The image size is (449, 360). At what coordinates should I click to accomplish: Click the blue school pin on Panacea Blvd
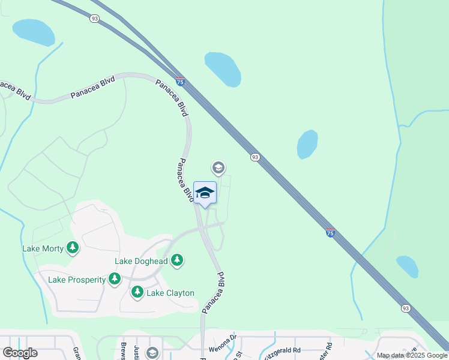pos(205,193)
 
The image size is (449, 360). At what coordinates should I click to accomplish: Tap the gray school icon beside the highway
pos(218,167)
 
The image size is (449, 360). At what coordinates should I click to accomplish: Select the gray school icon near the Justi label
pos(152,352)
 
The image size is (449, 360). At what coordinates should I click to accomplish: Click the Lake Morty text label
pos(43,248)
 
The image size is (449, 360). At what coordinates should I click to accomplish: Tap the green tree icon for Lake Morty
pos(73,248)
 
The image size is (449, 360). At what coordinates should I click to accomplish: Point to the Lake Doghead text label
pos(141,261)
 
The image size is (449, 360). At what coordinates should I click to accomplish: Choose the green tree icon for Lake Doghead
pos(176,260)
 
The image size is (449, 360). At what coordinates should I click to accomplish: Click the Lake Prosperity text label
pos(76,280)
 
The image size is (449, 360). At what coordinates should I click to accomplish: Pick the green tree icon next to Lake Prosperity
pos(115,279)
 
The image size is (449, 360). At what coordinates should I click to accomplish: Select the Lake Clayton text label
pos(170,293)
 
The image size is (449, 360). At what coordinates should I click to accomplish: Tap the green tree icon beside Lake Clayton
pos(137,292)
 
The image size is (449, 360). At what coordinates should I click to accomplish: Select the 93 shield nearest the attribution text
pos(406,308)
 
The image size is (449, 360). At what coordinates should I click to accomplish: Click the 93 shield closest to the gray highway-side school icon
pos(255,157)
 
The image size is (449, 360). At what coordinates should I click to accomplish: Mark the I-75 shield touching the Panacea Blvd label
pos(180,81)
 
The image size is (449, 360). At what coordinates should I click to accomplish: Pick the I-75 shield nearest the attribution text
pos(330,232)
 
